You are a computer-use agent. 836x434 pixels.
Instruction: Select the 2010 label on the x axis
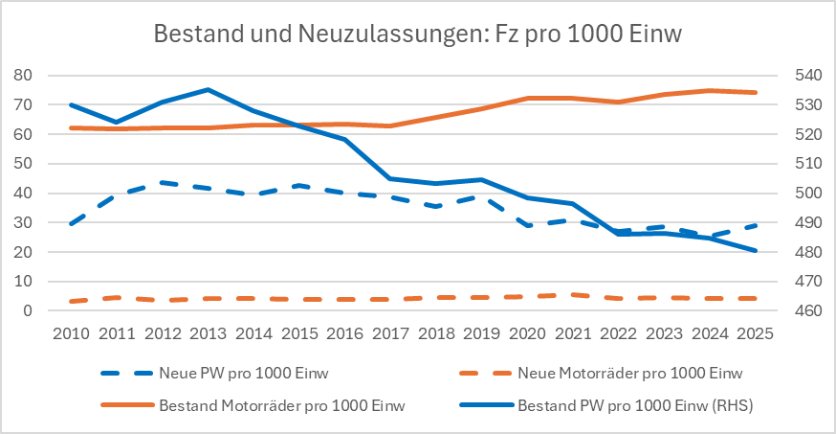(x=72, y=334)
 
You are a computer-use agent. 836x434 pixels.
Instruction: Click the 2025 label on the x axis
(x=755, y=334)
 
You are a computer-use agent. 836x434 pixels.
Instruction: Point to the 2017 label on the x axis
(x=390, y=334)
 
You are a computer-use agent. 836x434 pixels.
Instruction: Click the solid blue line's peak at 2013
(x=208, y=90)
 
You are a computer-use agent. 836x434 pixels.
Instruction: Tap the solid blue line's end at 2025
(x=755, y=251)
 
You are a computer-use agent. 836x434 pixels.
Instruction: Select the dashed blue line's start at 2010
(x=72, y=224)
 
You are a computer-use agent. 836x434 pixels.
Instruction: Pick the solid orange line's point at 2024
(x=709, y=91)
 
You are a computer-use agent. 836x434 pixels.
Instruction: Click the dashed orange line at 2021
(x=572, y=295)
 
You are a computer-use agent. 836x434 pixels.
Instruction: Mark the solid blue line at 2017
(x=390, y=178)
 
